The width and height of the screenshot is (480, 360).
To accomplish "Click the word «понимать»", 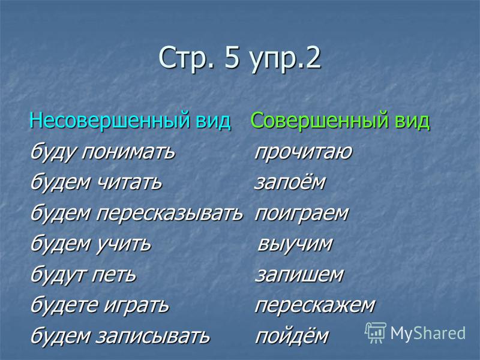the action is tap(128, 152).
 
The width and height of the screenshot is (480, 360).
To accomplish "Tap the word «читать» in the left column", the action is tap(129, 182).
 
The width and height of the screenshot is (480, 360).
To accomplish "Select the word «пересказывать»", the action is tap(170, 214).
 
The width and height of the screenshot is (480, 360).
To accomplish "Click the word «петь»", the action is tap(114, 274).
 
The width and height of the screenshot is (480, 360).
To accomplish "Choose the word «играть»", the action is tap(136, 305).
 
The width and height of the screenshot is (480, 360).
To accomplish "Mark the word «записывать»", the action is tap(154, 336).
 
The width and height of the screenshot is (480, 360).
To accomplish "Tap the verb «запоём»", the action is tap(290, 182).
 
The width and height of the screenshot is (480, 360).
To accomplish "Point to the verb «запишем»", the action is tap(299, 275).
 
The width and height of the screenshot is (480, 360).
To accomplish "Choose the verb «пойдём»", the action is tap(292, 335).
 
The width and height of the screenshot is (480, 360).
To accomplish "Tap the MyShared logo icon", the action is tap(376, 333).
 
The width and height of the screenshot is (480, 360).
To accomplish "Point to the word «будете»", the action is tap(65, 305).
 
